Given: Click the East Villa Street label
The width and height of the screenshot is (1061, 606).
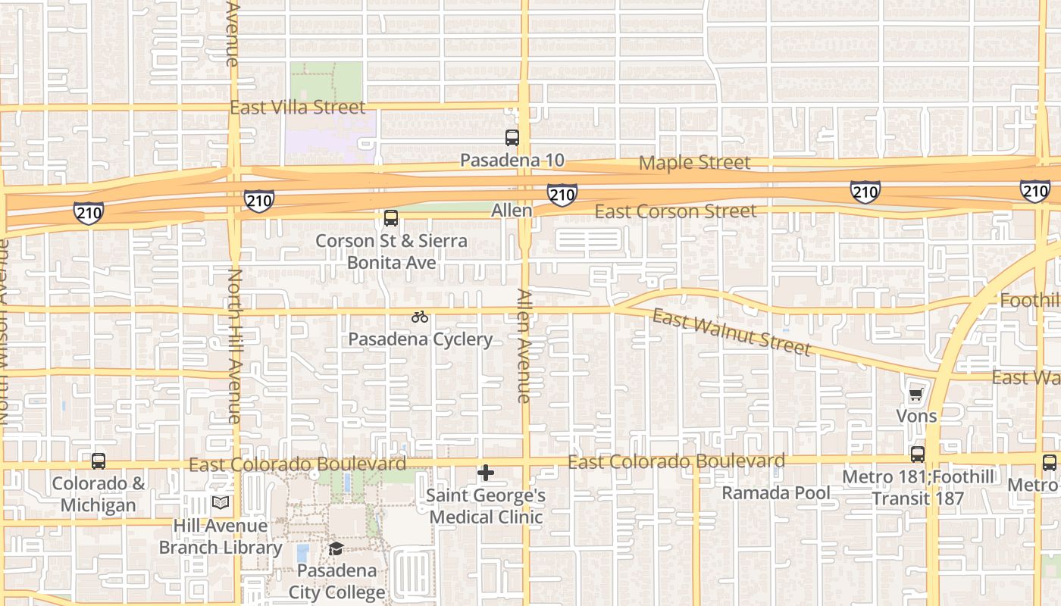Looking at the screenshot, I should pyautogui.click(x=298, y=108).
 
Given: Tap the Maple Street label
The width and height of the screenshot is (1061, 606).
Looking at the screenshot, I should pyautogui.click(x=694, y=162).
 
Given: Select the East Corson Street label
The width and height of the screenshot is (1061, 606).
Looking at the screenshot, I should pyautogui.click(x=675, y=211).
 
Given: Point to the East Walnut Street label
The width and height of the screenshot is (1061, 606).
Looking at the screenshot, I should pyautogui.click(x=731, y=332).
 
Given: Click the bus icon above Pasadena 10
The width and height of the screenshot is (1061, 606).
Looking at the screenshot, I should pyautogui.click(x=512, y=138).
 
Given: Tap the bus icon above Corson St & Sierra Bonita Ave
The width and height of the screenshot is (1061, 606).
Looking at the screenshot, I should pyautogui.click(x=391, y=218).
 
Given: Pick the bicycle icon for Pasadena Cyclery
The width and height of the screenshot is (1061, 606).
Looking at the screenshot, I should pyautogui.click(x=420, y=317).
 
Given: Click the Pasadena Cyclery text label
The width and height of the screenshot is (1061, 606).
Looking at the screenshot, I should pyautogui.click(x=420, y=339).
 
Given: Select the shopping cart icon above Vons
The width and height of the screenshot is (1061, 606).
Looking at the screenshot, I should pyautogui.click(x=916, y=394).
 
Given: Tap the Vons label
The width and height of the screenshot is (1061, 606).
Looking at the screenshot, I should pyautogui.click(x=916, y=416).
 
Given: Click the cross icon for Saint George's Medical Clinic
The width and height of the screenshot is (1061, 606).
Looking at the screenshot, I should pyautogui.click(x=486, y=473).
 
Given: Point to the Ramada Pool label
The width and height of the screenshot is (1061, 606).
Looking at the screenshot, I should pyautogui.click(x=775, y=493).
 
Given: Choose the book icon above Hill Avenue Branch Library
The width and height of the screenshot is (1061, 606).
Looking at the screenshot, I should pyautogui.click(x=221, y=503).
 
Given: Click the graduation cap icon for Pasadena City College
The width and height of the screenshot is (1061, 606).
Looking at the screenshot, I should pyautogui.click(x=336, y=548).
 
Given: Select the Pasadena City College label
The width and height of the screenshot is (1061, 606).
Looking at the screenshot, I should pyautogui.click(x=336, y=581).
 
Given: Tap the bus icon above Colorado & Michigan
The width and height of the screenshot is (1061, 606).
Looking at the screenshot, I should pyautogui.click(x=99, y=461).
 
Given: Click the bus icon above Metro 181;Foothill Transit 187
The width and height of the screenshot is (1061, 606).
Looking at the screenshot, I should pyautogui.click(x=918, y=454).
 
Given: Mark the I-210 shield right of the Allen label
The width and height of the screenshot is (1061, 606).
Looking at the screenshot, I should pyautogui.click(x=562, y=195).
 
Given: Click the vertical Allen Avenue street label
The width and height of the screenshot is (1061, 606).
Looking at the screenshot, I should pyautogui.click(x=524, y=345).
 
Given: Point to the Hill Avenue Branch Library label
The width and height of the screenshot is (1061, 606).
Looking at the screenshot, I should pyautogui.click(x=221, y=536).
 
